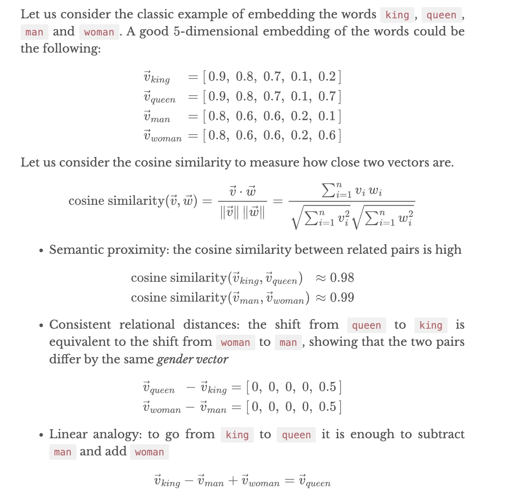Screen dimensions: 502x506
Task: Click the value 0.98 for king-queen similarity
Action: (x=342, y=278)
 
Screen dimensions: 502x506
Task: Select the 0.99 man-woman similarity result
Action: (x=342, y=298)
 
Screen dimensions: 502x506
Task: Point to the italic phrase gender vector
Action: (x=193, y=359)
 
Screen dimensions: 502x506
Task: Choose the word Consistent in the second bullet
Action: (x=80, y=325)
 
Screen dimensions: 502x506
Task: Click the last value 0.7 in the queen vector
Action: (x=327, y=96)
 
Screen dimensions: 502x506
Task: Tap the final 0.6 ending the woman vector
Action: (x=327, y=135)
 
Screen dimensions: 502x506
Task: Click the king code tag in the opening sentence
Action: (x=397, y=15)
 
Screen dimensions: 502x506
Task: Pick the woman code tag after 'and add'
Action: (x=149, y=452)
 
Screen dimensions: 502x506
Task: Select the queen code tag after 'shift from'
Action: (x=366, y=326)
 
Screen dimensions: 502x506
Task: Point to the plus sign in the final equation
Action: (x=233, y=481)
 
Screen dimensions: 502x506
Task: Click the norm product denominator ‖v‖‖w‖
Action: (x=242, y=212)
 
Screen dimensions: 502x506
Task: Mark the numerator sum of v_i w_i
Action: (x=352, y=190)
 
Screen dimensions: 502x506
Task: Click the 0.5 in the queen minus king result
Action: (x=327, y=387)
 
